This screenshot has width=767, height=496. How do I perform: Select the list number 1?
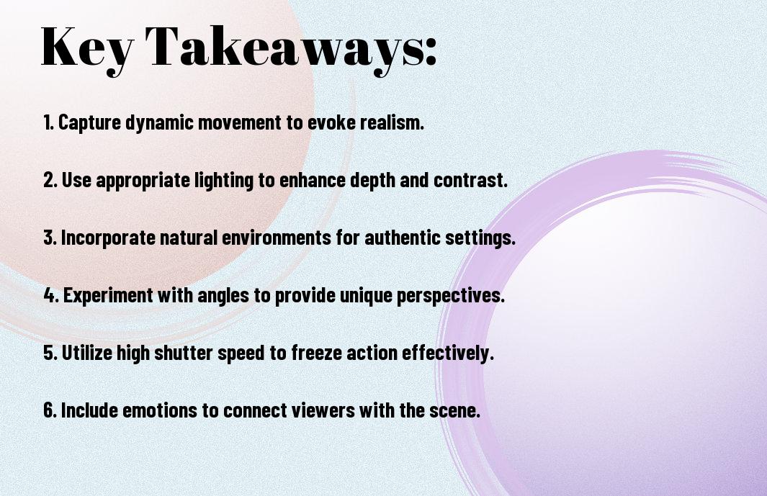pos(48,122)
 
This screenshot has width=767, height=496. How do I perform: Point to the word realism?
pos(392,122)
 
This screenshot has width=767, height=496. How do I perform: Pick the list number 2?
pos(50,180)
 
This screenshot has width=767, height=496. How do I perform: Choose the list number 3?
pos(50,238)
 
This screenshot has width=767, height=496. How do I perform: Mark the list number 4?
pos(51,295)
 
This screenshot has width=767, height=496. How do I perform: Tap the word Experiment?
pos(108,296)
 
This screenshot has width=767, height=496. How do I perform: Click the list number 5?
pos(50,353)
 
